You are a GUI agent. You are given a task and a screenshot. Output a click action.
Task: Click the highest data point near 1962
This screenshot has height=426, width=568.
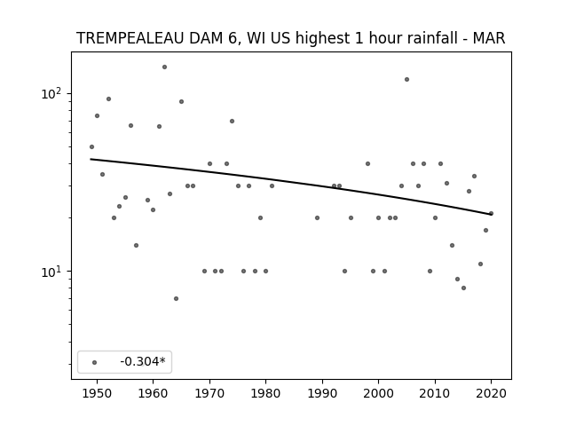click(164, 67)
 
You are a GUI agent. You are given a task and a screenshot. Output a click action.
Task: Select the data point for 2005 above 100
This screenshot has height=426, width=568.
click(406, 79)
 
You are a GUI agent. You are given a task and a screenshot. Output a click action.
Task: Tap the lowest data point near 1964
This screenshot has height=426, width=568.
click(176, 298)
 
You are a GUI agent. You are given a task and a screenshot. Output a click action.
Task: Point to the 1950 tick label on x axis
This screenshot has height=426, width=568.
click(97, 393)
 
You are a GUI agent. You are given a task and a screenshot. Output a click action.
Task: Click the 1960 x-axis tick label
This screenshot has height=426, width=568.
click(153, 393)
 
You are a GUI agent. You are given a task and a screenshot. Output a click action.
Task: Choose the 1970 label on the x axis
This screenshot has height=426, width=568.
click(209, 393)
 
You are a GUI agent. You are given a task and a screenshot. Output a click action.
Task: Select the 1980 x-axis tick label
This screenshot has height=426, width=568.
click(265, 393)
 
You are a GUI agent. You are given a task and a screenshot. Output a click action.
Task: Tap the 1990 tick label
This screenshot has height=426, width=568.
click(322, 393)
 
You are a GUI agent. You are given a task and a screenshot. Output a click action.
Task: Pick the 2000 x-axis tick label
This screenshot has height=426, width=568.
click(378, 393)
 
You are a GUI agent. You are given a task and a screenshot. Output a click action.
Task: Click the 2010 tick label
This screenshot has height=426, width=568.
click(435, 393)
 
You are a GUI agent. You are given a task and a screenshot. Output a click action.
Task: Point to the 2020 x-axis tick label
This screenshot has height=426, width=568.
click(491, 393)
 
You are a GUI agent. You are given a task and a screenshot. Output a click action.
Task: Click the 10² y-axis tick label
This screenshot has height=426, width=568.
click(51, 93)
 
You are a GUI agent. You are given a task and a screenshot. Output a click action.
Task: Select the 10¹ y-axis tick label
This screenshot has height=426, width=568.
click(51, 271)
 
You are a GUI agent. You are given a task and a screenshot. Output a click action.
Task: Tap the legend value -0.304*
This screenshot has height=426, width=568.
click(143, 361)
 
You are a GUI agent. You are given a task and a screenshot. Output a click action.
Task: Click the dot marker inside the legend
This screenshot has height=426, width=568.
click(94, 362)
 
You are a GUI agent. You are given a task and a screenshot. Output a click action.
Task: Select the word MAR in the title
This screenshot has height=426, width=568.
click(489, 38)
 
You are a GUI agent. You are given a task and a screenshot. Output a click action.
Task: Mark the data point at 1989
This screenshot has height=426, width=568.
click(317, 217)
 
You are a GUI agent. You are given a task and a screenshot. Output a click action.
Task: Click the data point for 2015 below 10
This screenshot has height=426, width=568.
click(463, 288)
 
